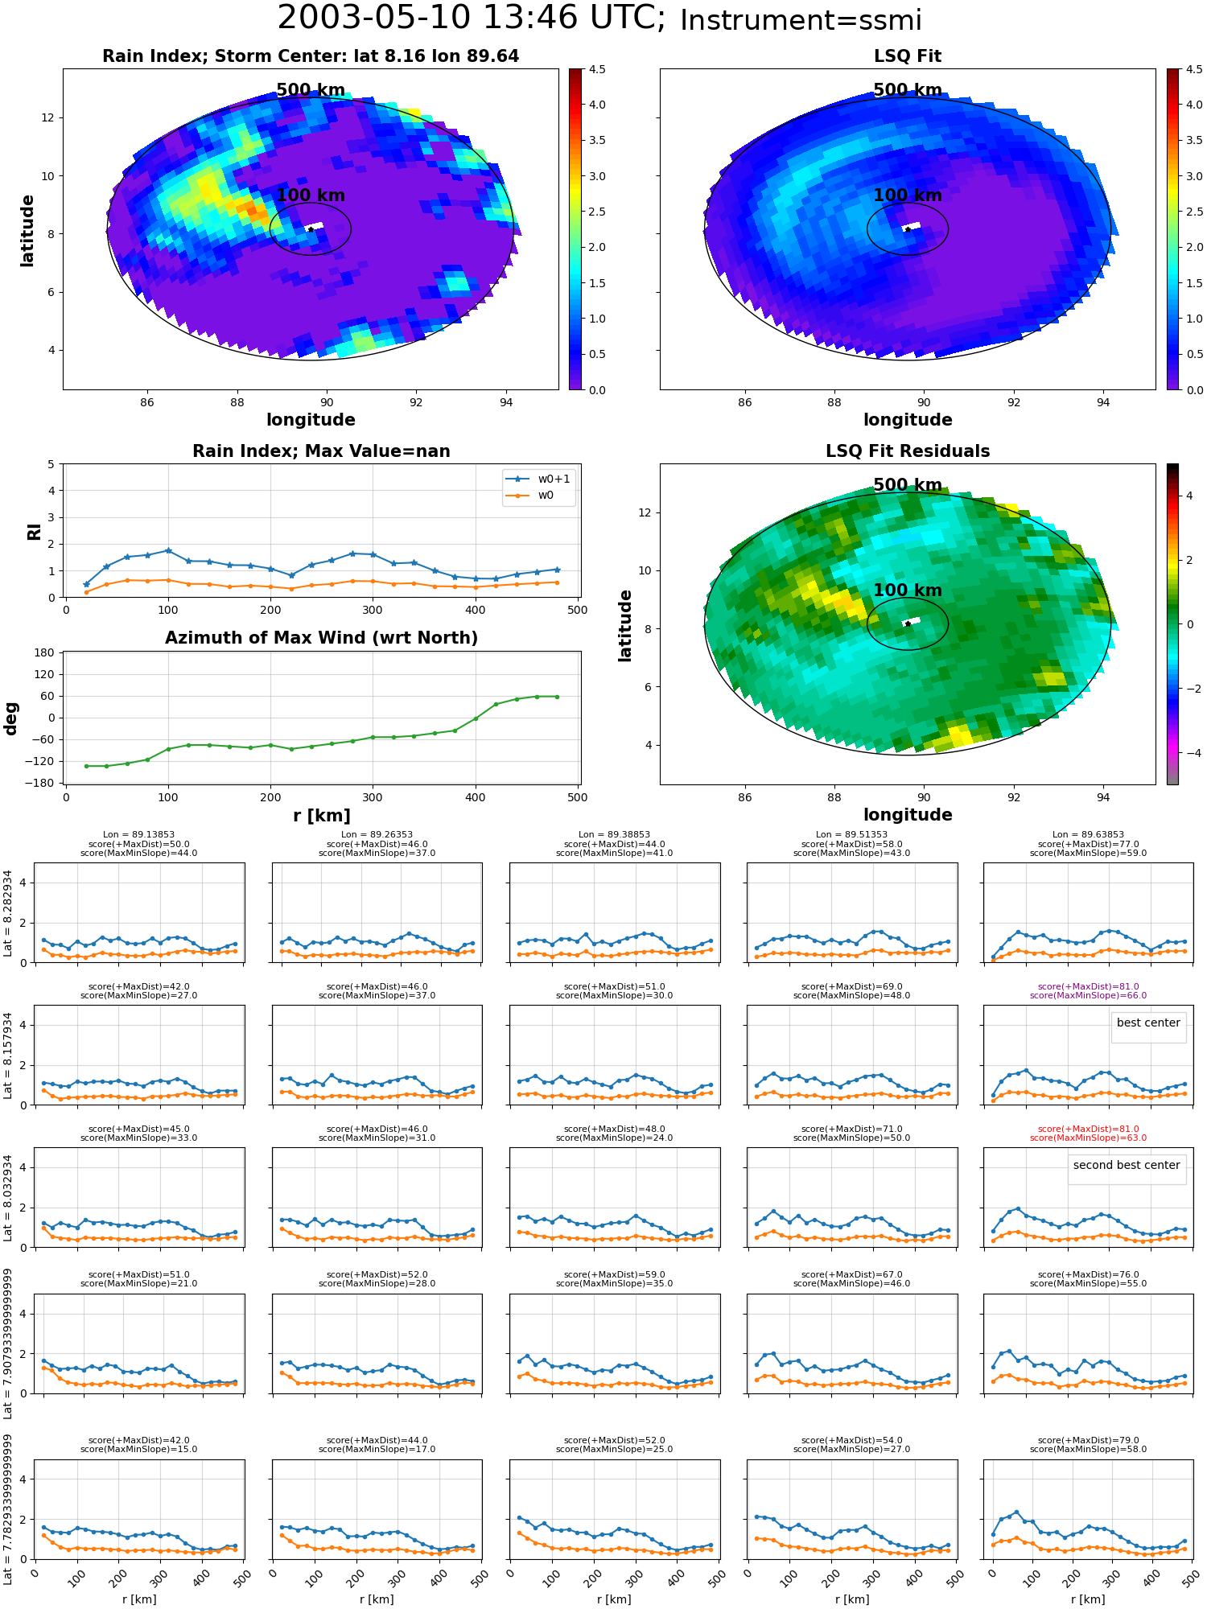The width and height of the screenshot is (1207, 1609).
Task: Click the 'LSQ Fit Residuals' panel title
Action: pos(908,451)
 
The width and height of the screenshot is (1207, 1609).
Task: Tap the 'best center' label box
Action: pos(1148,1023)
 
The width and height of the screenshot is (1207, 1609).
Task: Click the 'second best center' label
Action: pos(1127,1165)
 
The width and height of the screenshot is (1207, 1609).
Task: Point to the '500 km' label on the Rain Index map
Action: pos(311,90)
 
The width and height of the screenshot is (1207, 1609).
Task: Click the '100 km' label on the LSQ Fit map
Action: pos(908,195)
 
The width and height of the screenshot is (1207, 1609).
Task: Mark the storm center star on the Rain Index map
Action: pos(311,229)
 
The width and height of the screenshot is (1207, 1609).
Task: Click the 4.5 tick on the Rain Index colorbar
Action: pos(597,69)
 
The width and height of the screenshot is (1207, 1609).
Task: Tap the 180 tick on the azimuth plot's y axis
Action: pos(45,652)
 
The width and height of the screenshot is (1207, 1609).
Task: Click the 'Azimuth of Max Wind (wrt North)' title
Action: pos(321,638)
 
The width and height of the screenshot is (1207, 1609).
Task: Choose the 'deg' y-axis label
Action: pos(11,718)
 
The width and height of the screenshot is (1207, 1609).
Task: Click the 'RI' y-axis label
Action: pos(35,532)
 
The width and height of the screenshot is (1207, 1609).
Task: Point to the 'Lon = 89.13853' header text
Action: pos(138,835)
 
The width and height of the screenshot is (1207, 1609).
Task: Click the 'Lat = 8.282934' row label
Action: pos(8,913)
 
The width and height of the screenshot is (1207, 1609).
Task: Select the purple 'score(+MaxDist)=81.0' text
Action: pos(1088,986)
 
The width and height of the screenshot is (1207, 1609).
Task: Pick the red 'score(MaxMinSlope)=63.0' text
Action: pos(1088,1138)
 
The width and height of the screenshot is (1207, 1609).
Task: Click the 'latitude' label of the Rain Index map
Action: pos(27,230)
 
